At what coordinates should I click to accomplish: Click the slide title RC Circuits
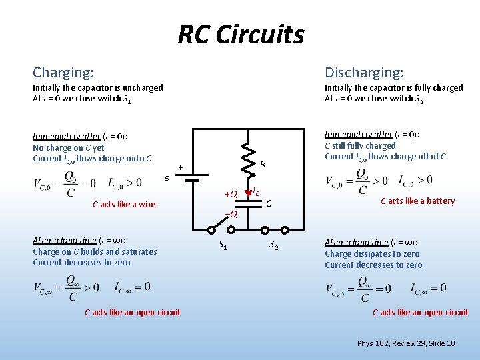tap(241, 34)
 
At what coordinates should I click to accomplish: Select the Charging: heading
tap(63, 72)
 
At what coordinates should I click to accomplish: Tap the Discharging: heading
tap(364, 72)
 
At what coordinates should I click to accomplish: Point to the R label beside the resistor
tap(263, 163)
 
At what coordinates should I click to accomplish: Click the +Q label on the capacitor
tap(230, 194)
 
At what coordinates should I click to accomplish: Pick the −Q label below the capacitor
tap(230, 214)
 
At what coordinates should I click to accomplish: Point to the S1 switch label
tap(223, 245)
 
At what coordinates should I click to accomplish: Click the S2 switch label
tap(273, 245)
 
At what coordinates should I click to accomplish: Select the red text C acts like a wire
tap(124, 205)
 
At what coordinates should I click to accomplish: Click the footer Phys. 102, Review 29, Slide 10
tap(406, 343)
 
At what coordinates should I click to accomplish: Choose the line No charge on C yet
tap(69, 147)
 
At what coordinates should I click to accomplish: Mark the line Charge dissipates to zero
tap(372, 254)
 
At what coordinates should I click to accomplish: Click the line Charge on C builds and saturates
tap(95, 251)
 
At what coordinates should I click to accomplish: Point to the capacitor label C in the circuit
tap(269, 202)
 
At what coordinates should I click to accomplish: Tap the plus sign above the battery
tap(180, 167)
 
